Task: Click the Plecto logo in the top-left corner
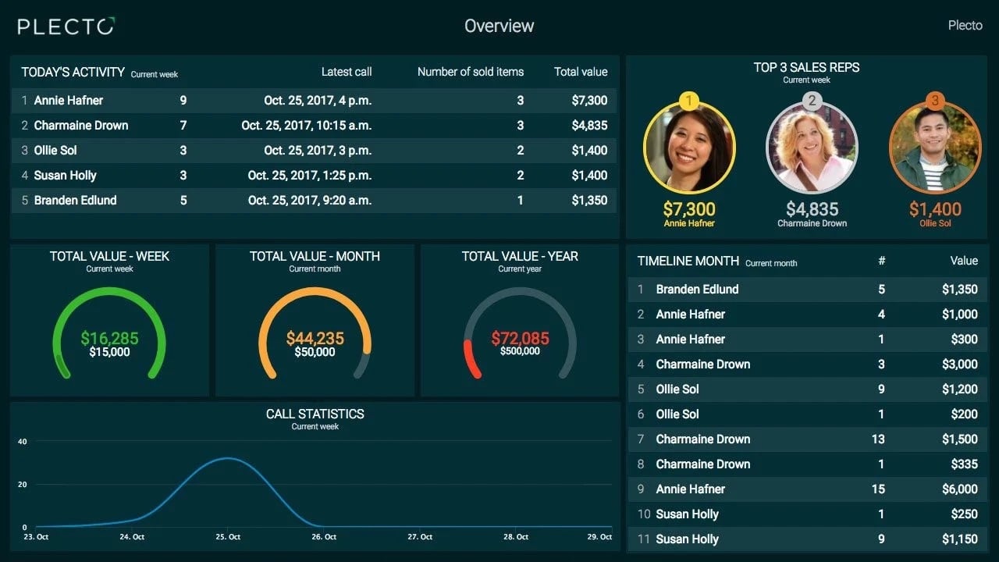click(x=66, y=27)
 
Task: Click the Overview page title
click(x=499, y=26)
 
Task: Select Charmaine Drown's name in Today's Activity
click(x=81, y=125)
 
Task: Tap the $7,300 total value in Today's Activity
click(x=589, y=100)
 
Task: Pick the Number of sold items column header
click(x=470, y=72)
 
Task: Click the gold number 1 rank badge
click(x=689, y=101)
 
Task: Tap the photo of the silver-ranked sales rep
click(x=812, y=148)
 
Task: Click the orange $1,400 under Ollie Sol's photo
click(x=935, y=209)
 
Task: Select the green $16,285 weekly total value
click(x=109, y=338)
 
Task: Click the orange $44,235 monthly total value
click(x=315, y=338)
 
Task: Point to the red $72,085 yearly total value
click(x=520, y=338)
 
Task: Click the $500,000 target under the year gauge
click(x=520, y=352)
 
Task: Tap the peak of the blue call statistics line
click(x=227, y=458)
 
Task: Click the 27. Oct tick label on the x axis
click(x=420, y=537)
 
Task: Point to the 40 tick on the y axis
click(x=22, y=442)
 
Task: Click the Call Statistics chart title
click(x=315, y=414)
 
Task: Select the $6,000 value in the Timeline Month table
click(x=959, y=489)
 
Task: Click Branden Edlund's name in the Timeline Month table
click(x=697, y=289)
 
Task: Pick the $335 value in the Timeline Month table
click(x=964, y=464)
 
